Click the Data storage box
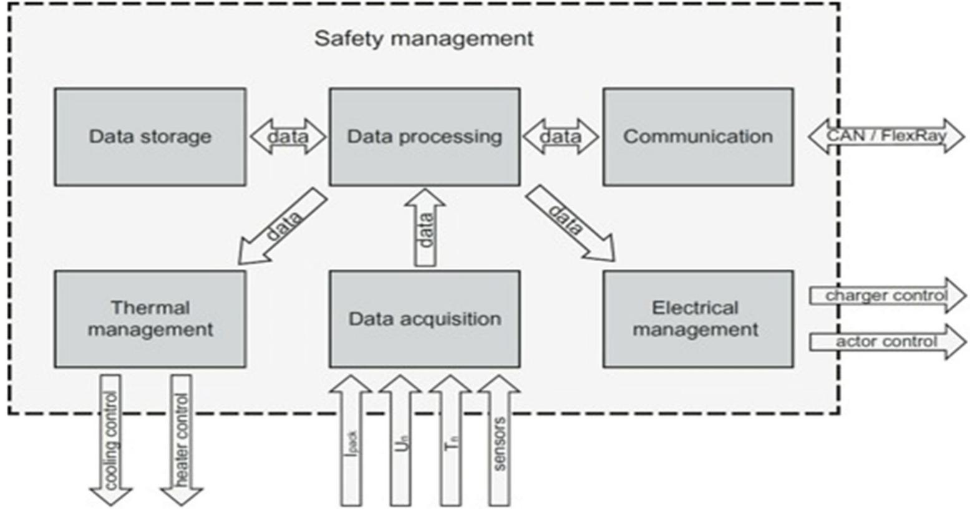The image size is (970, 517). [x=150, y=137]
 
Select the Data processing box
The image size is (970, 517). [x=424, y=137]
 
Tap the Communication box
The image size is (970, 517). [x=698, y=137]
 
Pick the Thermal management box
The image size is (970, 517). [x=150, y=319]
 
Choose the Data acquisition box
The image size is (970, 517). [x=424, y=319]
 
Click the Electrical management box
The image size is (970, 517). [x=698, y=319]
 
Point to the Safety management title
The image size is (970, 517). [x=424, y=39]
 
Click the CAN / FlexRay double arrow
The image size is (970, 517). [x=886, y=136]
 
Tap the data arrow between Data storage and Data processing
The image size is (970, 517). [x=288, y=136]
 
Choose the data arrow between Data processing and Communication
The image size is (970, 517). [x=561, y=136]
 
